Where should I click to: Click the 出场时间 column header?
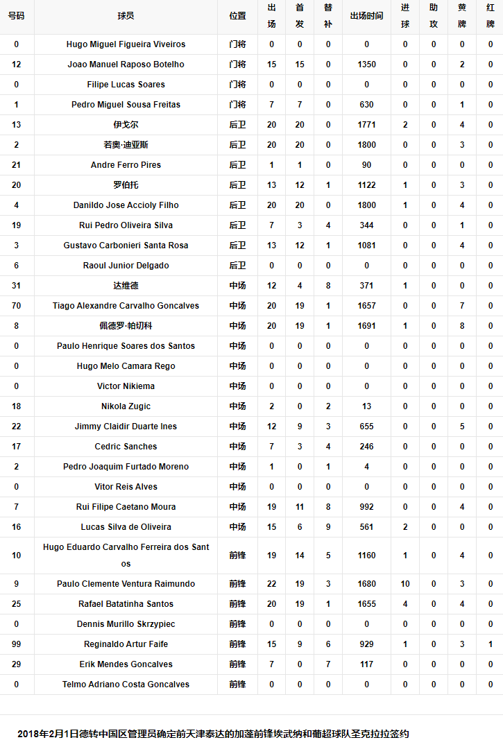pos(366,16)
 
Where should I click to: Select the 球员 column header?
pos(126,16)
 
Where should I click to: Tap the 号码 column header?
pos(16,16)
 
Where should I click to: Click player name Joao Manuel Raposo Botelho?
pos(126,64)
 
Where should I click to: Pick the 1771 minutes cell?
pos(366,125)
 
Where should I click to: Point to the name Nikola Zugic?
pos(126,406)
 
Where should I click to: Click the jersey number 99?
pos(16,644)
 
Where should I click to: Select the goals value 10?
pos(405,584)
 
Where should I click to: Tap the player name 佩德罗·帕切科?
pos(126,326)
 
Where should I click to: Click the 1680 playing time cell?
pos(366,584)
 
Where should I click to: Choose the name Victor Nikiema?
pos(126,386)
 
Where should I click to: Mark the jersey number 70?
pos(16,306)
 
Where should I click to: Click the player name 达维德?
pos(126,286)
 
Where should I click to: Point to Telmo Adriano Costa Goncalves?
pos(126,685)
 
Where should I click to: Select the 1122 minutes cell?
pos(366,185)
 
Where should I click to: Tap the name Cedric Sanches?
pos(126,447)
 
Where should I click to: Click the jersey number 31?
pos(16,286)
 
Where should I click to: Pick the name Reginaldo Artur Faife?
pos(126,644)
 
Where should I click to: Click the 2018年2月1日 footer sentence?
pos(213,733)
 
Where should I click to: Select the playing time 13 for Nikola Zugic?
pos(366,406)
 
